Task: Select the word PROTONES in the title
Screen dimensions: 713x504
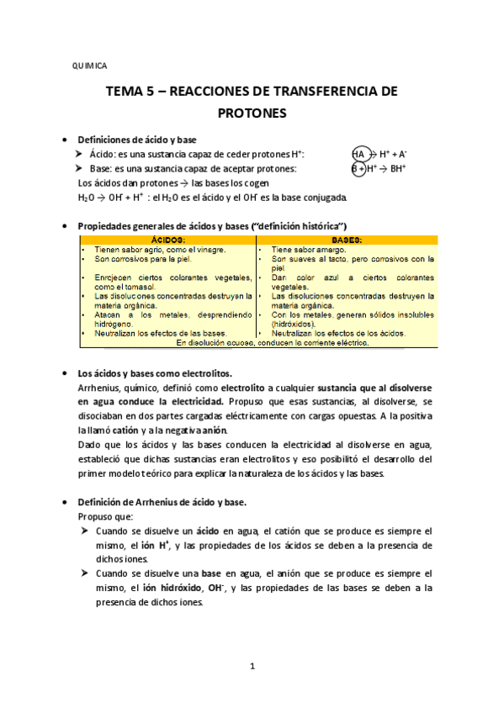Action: click(x=252, y=112)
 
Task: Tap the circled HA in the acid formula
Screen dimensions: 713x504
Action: click(x=359, y=154)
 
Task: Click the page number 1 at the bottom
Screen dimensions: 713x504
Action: click(x=252, y=667)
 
